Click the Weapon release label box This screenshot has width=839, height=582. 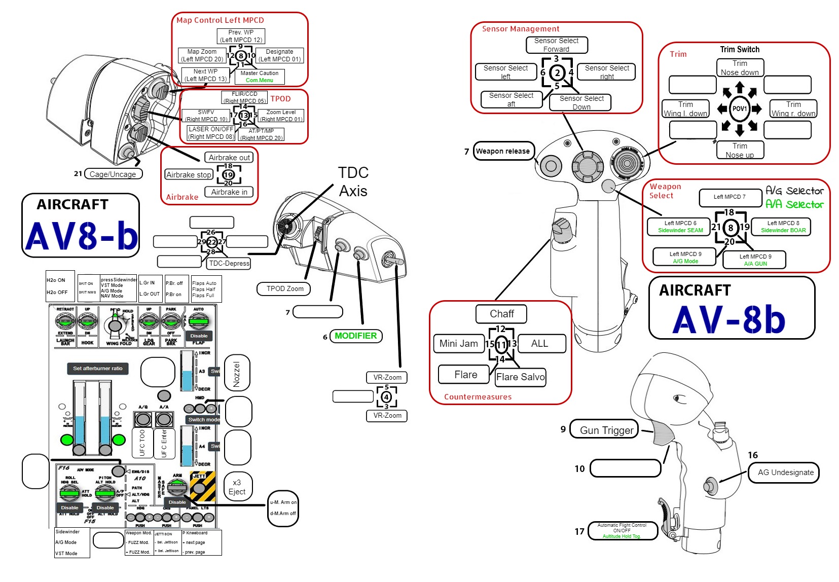coord(503,151)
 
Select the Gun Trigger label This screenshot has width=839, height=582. coord(606,430)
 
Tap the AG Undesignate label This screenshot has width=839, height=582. coord(785,472)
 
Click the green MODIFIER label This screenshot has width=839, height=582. coord(355,336)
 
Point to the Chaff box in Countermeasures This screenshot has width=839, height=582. coord(501,314)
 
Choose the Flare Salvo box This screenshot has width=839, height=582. coord(520,377)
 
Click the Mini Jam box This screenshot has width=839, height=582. coord(458,343)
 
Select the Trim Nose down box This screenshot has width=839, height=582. coord(740,68)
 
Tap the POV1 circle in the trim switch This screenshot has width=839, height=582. coord(740,108)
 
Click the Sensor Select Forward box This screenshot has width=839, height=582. coord(556,45)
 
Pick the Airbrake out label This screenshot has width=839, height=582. coord(229,158)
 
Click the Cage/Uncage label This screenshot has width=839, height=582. coord(113,174)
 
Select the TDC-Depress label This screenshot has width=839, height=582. coord(229,263)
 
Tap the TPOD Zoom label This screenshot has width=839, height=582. coord(285,288)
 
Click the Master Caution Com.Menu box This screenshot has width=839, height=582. coord(259,77)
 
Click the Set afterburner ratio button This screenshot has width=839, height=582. coord(97,369)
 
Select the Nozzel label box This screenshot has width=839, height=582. coord(237,374)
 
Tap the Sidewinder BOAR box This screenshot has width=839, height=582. coord(783,227)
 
